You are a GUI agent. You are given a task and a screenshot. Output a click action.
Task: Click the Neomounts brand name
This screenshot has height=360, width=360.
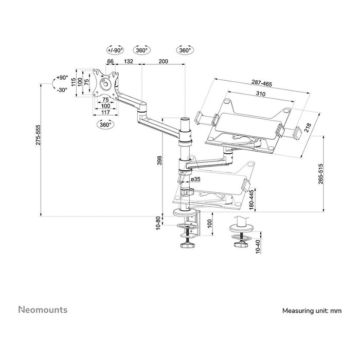point(43,310)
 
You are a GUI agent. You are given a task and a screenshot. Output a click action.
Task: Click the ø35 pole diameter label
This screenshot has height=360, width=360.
point(195,179)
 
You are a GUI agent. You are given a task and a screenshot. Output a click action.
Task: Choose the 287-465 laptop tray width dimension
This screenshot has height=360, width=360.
point(262,83)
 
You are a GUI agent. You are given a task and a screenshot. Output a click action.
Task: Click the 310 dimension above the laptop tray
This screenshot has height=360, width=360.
point(262,94)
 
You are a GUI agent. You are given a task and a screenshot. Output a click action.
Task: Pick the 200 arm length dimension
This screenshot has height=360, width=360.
point(163,62)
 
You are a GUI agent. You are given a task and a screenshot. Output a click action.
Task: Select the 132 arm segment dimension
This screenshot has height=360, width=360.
point(129,62)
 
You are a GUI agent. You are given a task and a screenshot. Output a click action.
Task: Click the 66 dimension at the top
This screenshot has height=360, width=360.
point(110,62)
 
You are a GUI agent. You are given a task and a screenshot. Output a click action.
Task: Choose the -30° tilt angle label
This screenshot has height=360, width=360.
point(62,89)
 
